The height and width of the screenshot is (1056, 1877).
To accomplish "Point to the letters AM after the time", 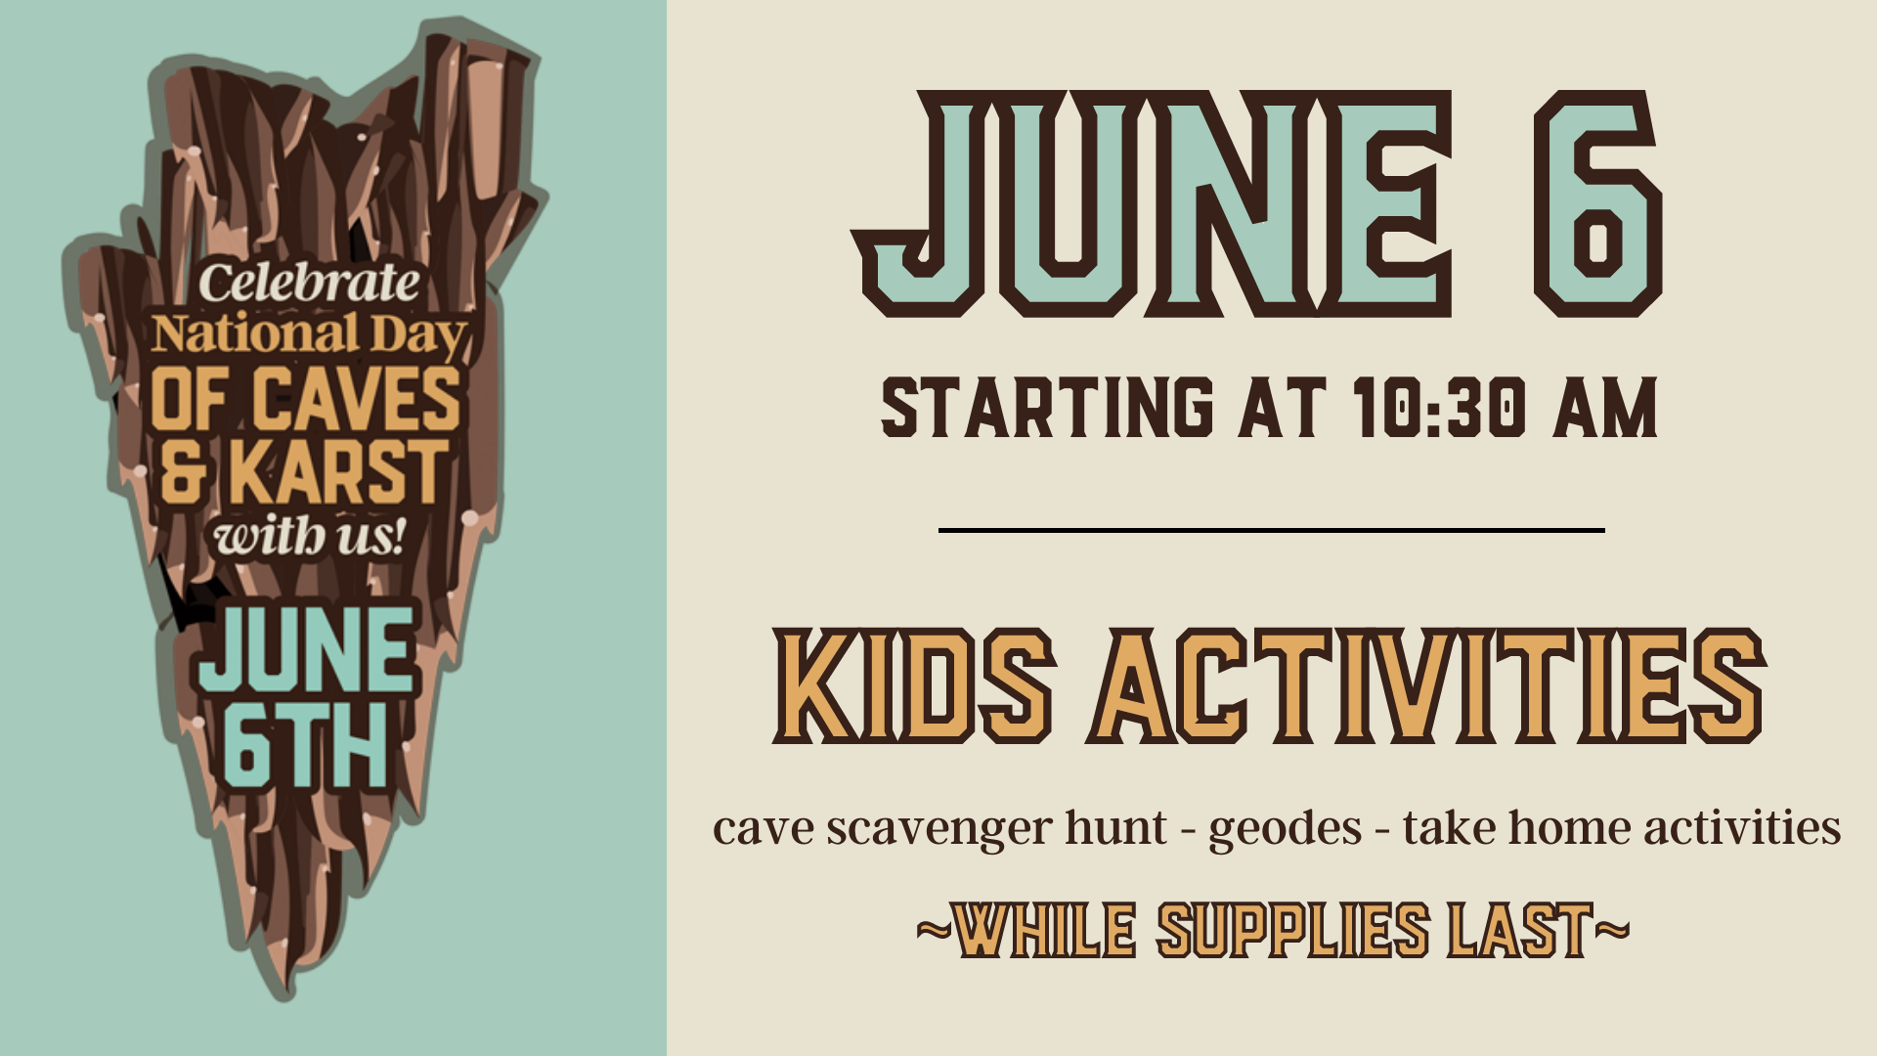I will click(x=1605, y=408).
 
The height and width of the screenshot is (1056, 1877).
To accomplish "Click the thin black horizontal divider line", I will click(x=1271, y=530).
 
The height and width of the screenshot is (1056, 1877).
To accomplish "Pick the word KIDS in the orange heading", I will click(x=914, y=686).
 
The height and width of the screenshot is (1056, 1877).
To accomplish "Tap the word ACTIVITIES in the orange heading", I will click(x=1427, y=686).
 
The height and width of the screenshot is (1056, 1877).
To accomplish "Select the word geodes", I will click(x=1285, y=829).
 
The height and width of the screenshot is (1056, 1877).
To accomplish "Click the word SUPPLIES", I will click(x=1292, y=931).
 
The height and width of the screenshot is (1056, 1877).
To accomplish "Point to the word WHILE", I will click(x=1044, y=931).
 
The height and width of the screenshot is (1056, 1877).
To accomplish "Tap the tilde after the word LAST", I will click(x=1613, y=927).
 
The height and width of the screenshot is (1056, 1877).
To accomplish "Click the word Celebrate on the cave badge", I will click(x=309, y=284).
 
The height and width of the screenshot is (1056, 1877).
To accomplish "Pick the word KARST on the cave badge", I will click(x=338, y=472).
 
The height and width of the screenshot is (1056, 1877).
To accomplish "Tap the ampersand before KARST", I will click(x=184, y=472).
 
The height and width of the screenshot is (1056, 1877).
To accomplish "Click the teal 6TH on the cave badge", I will click(x=305, y=748).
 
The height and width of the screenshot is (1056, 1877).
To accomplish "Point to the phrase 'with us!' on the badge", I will click(x=309, y=537).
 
